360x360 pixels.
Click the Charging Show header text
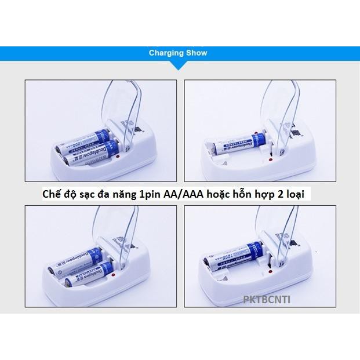point(177,53)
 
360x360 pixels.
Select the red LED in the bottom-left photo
point(116,275)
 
